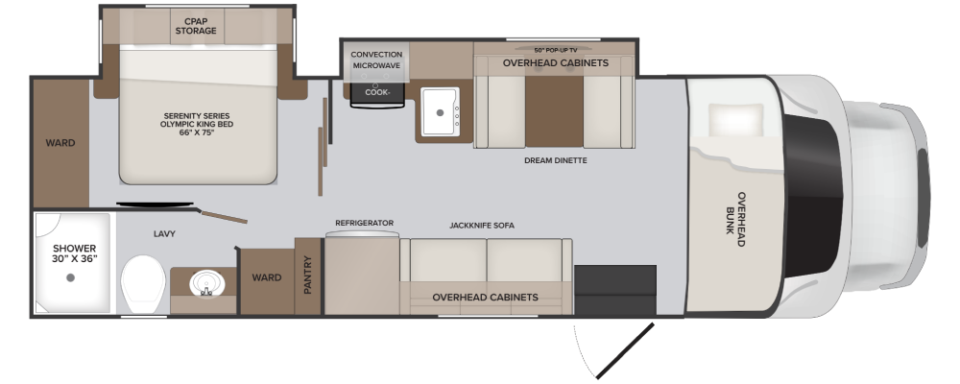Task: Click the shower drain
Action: point(70,277)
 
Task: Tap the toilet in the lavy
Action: point(143,284)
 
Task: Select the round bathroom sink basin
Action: point(207,284)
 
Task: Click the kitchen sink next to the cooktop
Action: point(440,111)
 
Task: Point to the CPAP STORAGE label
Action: point(196,26)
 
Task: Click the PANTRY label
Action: point(308,275)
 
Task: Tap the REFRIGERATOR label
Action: point(364,223)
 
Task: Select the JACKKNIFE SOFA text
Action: point(482,226)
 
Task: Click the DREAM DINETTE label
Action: point(555,160)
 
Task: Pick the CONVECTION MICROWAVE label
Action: point(376,60)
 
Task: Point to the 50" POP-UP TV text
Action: point(554,50)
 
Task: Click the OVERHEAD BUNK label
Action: point(735,219)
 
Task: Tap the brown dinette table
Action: point(554,111)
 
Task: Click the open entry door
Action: point(625,351)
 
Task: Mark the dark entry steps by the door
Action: point(615,290)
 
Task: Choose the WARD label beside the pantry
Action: point(267,277)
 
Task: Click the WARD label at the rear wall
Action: point(60,143)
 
